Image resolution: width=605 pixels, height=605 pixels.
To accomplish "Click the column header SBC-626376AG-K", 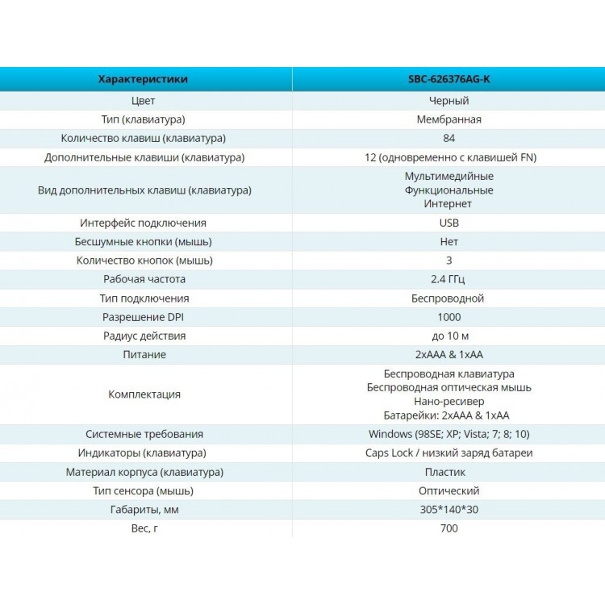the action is coord(449,79).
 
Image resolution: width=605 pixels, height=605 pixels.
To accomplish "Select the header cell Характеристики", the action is coord(143,79).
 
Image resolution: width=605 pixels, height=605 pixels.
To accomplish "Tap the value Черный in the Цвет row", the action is coord(449,101).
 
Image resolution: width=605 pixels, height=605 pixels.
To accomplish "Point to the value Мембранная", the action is coord(449,119).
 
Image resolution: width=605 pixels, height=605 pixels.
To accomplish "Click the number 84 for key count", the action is coord(449,138).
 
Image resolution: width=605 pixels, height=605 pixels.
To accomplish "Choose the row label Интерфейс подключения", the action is coord(143,223).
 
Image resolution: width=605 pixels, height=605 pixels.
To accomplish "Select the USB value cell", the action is coord(449,223).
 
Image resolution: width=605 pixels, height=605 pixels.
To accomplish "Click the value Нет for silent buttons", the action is coord(449,242).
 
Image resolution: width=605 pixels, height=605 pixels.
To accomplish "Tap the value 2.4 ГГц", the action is coord(448,279).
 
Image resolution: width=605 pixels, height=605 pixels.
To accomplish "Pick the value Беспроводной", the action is coord(448,298).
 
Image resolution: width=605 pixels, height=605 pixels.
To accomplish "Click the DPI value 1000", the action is coord(449,317).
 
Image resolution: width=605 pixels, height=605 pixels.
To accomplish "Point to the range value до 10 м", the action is coord(450,336).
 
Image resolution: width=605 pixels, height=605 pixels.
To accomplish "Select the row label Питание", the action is coord(144,355).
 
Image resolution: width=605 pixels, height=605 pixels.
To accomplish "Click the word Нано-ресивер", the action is coord(449,402).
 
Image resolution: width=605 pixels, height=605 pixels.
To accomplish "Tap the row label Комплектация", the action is coord(144,394).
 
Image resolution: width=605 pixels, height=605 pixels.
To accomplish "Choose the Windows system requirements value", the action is coord(449,434).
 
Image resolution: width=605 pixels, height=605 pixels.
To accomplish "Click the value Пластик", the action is coord(444,472).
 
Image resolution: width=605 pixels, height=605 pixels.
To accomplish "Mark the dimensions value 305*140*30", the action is coord(449,509).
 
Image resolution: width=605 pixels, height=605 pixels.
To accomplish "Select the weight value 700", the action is coord(449,528).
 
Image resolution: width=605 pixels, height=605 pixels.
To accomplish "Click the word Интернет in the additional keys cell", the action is coord(448,204).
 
